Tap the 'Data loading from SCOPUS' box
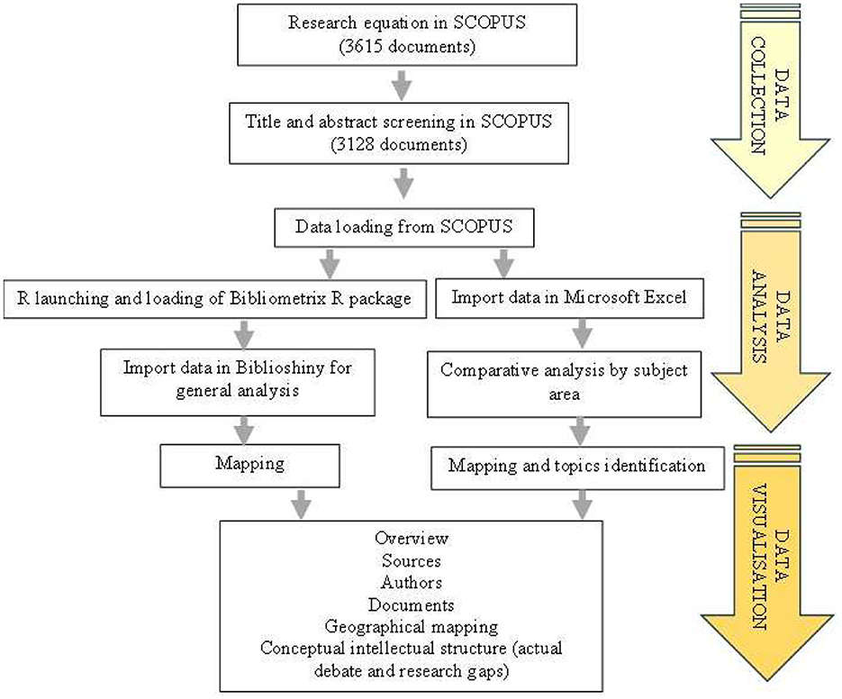[403, 227]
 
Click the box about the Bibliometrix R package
[215, 299]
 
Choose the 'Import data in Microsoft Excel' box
[569, 298]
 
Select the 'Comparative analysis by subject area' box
[564, 384]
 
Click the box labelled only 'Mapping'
[249, 466]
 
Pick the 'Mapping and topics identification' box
[577, 468]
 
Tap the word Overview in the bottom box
[412, 539]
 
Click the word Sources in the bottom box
[412, 561]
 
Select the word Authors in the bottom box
[412, 583]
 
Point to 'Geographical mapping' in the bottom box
[412, 627]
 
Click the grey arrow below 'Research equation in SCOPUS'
[402, 85]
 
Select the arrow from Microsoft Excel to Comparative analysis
[582, 334]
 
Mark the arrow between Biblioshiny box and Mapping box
[244, 431]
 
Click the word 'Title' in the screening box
[264, 122]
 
